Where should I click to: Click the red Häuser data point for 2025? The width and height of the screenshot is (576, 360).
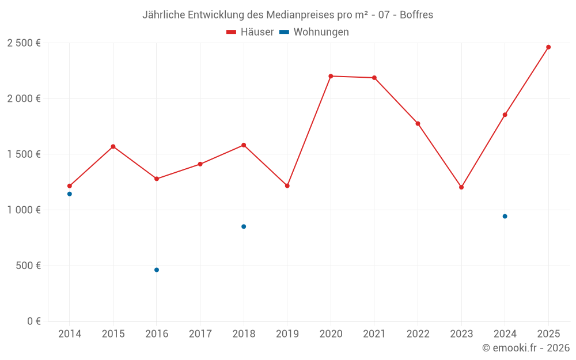[548, 47]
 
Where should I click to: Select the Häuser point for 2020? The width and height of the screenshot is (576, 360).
[331, 76]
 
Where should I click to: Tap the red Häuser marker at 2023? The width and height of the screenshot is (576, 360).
[461, 187]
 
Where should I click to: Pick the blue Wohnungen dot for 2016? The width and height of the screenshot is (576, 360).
[157, 270]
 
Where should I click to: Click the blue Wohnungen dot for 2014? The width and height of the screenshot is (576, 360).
[70, 194]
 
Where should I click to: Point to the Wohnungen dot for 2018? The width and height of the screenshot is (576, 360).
[244, 226]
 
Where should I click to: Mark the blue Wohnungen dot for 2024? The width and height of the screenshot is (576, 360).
[505, 217]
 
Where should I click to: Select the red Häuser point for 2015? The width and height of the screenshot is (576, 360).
[113, 146]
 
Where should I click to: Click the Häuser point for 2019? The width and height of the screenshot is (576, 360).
[287, 186]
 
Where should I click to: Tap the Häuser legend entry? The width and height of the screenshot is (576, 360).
[250, 32]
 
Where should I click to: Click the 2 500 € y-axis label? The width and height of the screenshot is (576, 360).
[24, 43]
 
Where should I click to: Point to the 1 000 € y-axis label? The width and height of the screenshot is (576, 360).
[24, 210]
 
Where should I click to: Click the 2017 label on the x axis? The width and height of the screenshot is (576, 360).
[200, 334]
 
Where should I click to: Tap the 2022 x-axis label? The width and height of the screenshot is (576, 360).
[418, 334]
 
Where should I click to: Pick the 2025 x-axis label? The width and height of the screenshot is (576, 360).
[548, 334]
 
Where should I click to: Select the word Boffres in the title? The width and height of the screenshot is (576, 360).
[416, 15]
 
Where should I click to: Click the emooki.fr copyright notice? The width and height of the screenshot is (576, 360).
[526, 348]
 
